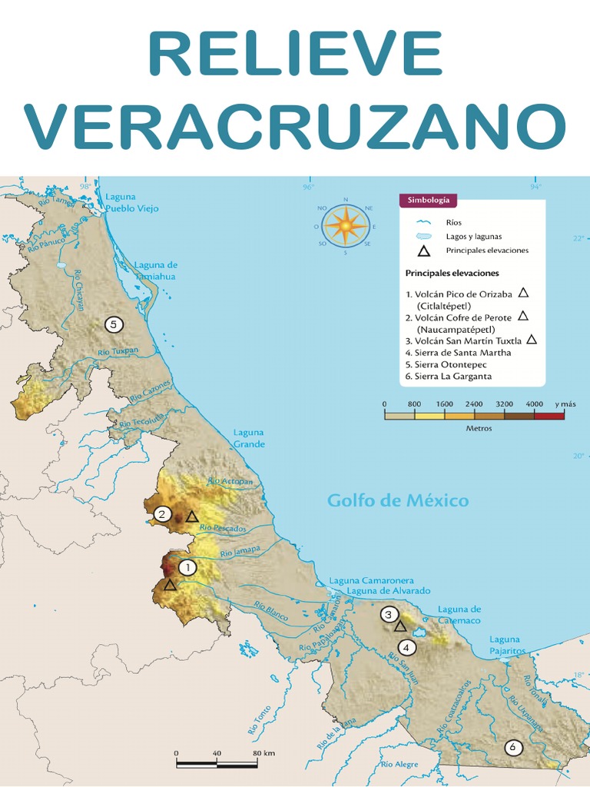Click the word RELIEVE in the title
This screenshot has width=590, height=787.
(x=295, y=55)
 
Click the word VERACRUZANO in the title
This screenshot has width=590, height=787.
(x=295, y=127)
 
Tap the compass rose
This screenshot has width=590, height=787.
(x=346, y=226)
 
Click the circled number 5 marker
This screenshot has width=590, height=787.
(x=114, y=324)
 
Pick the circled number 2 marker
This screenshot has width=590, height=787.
(x=162, y=514)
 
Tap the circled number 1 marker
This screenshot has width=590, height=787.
(x=187, y=567)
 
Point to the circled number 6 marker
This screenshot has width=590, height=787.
(x=512, y=746)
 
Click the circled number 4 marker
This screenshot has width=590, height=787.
(x=407, y=647)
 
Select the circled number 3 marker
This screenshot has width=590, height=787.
(x=389, y=614)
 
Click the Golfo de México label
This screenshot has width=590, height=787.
(x=397, y=501)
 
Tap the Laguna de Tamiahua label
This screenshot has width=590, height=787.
(x=155, y=271)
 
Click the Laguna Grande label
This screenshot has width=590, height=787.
(x=249, y=438)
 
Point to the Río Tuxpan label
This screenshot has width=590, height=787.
(x=118, y=352)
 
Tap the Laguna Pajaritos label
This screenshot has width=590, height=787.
(x=505, y=645)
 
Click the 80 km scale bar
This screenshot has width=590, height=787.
(x=217, y=764)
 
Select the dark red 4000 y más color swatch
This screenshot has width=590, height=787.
(x=549, y=415)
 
